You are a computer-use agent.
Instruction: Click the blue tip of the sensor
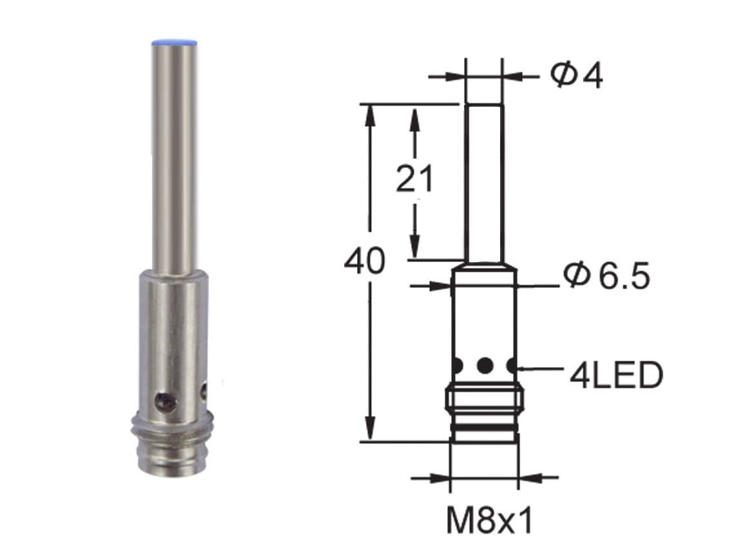click(173, 44)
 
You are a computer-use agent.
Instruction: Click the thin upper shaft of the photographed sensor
click(173, 155)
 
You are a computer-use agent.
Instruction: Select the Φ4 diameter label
click(576, 76)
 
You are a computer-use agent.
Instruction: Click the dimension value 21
click(415, 179)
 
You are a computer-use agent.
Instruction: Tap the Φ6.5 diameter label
click(606, 277)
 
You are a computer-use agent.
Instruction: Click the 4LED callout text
click(615, 375)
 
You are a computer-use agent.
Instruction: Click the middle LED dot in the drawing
click(485, 366)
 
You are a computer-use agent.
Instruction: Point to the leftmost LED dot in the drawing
click(458, 366)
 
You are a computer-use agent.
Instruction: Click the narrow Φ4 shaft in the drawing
click(483, 180)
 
